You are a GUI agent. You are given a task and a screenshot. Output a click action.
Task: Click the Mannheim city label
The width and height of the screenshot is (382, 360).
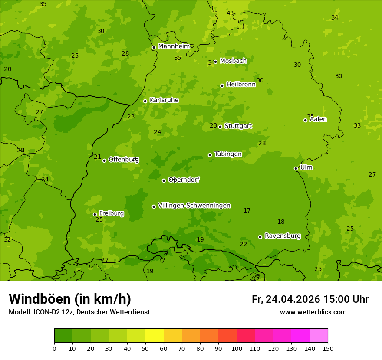click(174, 46)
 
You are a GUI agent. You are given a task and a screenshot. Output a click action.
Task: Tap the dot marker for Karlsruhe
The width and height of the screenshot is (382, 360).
click(145, 101)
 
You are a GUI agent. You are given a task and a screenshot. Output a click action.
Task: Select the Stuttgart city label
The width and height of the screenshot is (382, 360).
click(238, 126)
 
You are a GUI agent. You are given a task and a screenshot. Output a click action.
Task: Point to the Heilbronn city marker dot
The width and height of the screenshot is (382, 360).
click(222, 85)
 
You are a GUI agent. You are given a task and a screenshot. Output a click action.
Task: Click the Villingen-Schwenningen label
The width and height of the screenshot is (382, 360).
click(194, 206)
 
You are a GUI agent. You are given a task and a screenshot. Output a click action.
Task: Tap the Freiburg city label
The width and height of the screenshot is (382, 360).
click(111, 213)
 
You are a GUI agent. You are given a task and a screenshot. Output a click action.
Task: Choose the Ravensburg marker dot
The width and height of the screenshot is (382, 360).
click(260, 237)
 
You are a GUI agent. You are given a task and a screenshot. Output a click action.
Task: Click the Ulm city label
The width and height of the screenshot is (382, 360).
click(306, 167)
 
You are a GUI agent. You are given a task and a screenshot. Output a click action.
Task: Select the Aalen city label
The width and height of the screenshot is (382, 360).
click(318, 119)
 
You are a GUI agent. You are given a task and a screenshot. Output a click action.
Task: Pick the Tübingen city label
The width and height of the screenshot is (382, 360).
click(228, 154)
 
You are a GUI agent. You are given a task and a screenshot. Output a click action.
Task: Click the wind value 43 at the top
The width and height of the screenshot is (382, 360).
click(230, 13)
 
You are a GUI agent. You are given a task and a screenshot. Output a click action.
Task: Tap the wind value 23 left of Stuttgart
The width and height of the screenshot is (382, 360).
click(213, 126)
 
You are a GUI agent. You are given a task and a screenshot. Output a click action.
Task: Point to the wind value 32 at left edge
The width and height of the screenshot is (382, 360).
click(7, 239)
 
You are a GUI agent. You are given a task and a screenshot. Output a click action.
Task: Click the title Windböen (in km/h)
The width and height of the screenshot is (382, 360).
click(70, 299)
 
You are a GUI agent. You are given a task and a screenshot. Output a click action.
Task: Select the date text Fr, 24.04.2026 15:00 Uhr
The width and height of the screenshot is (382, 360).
click(310, 299)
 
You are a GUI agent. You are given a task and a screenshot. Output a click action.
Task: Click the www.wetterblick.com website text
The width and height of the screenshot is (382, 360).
click(313, 312)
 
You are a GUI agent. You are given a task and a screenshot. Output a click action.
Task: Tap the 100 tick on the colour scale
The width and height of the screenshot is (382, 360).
click(237, 348)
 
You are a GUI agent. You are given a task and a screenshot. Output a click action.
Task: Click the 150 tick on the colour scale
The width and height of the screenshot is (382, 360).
click(327, 348)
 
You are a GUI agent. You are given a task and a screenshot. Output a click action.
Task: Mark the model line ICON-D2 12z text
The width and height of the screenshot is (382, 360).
click(79, 312)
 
